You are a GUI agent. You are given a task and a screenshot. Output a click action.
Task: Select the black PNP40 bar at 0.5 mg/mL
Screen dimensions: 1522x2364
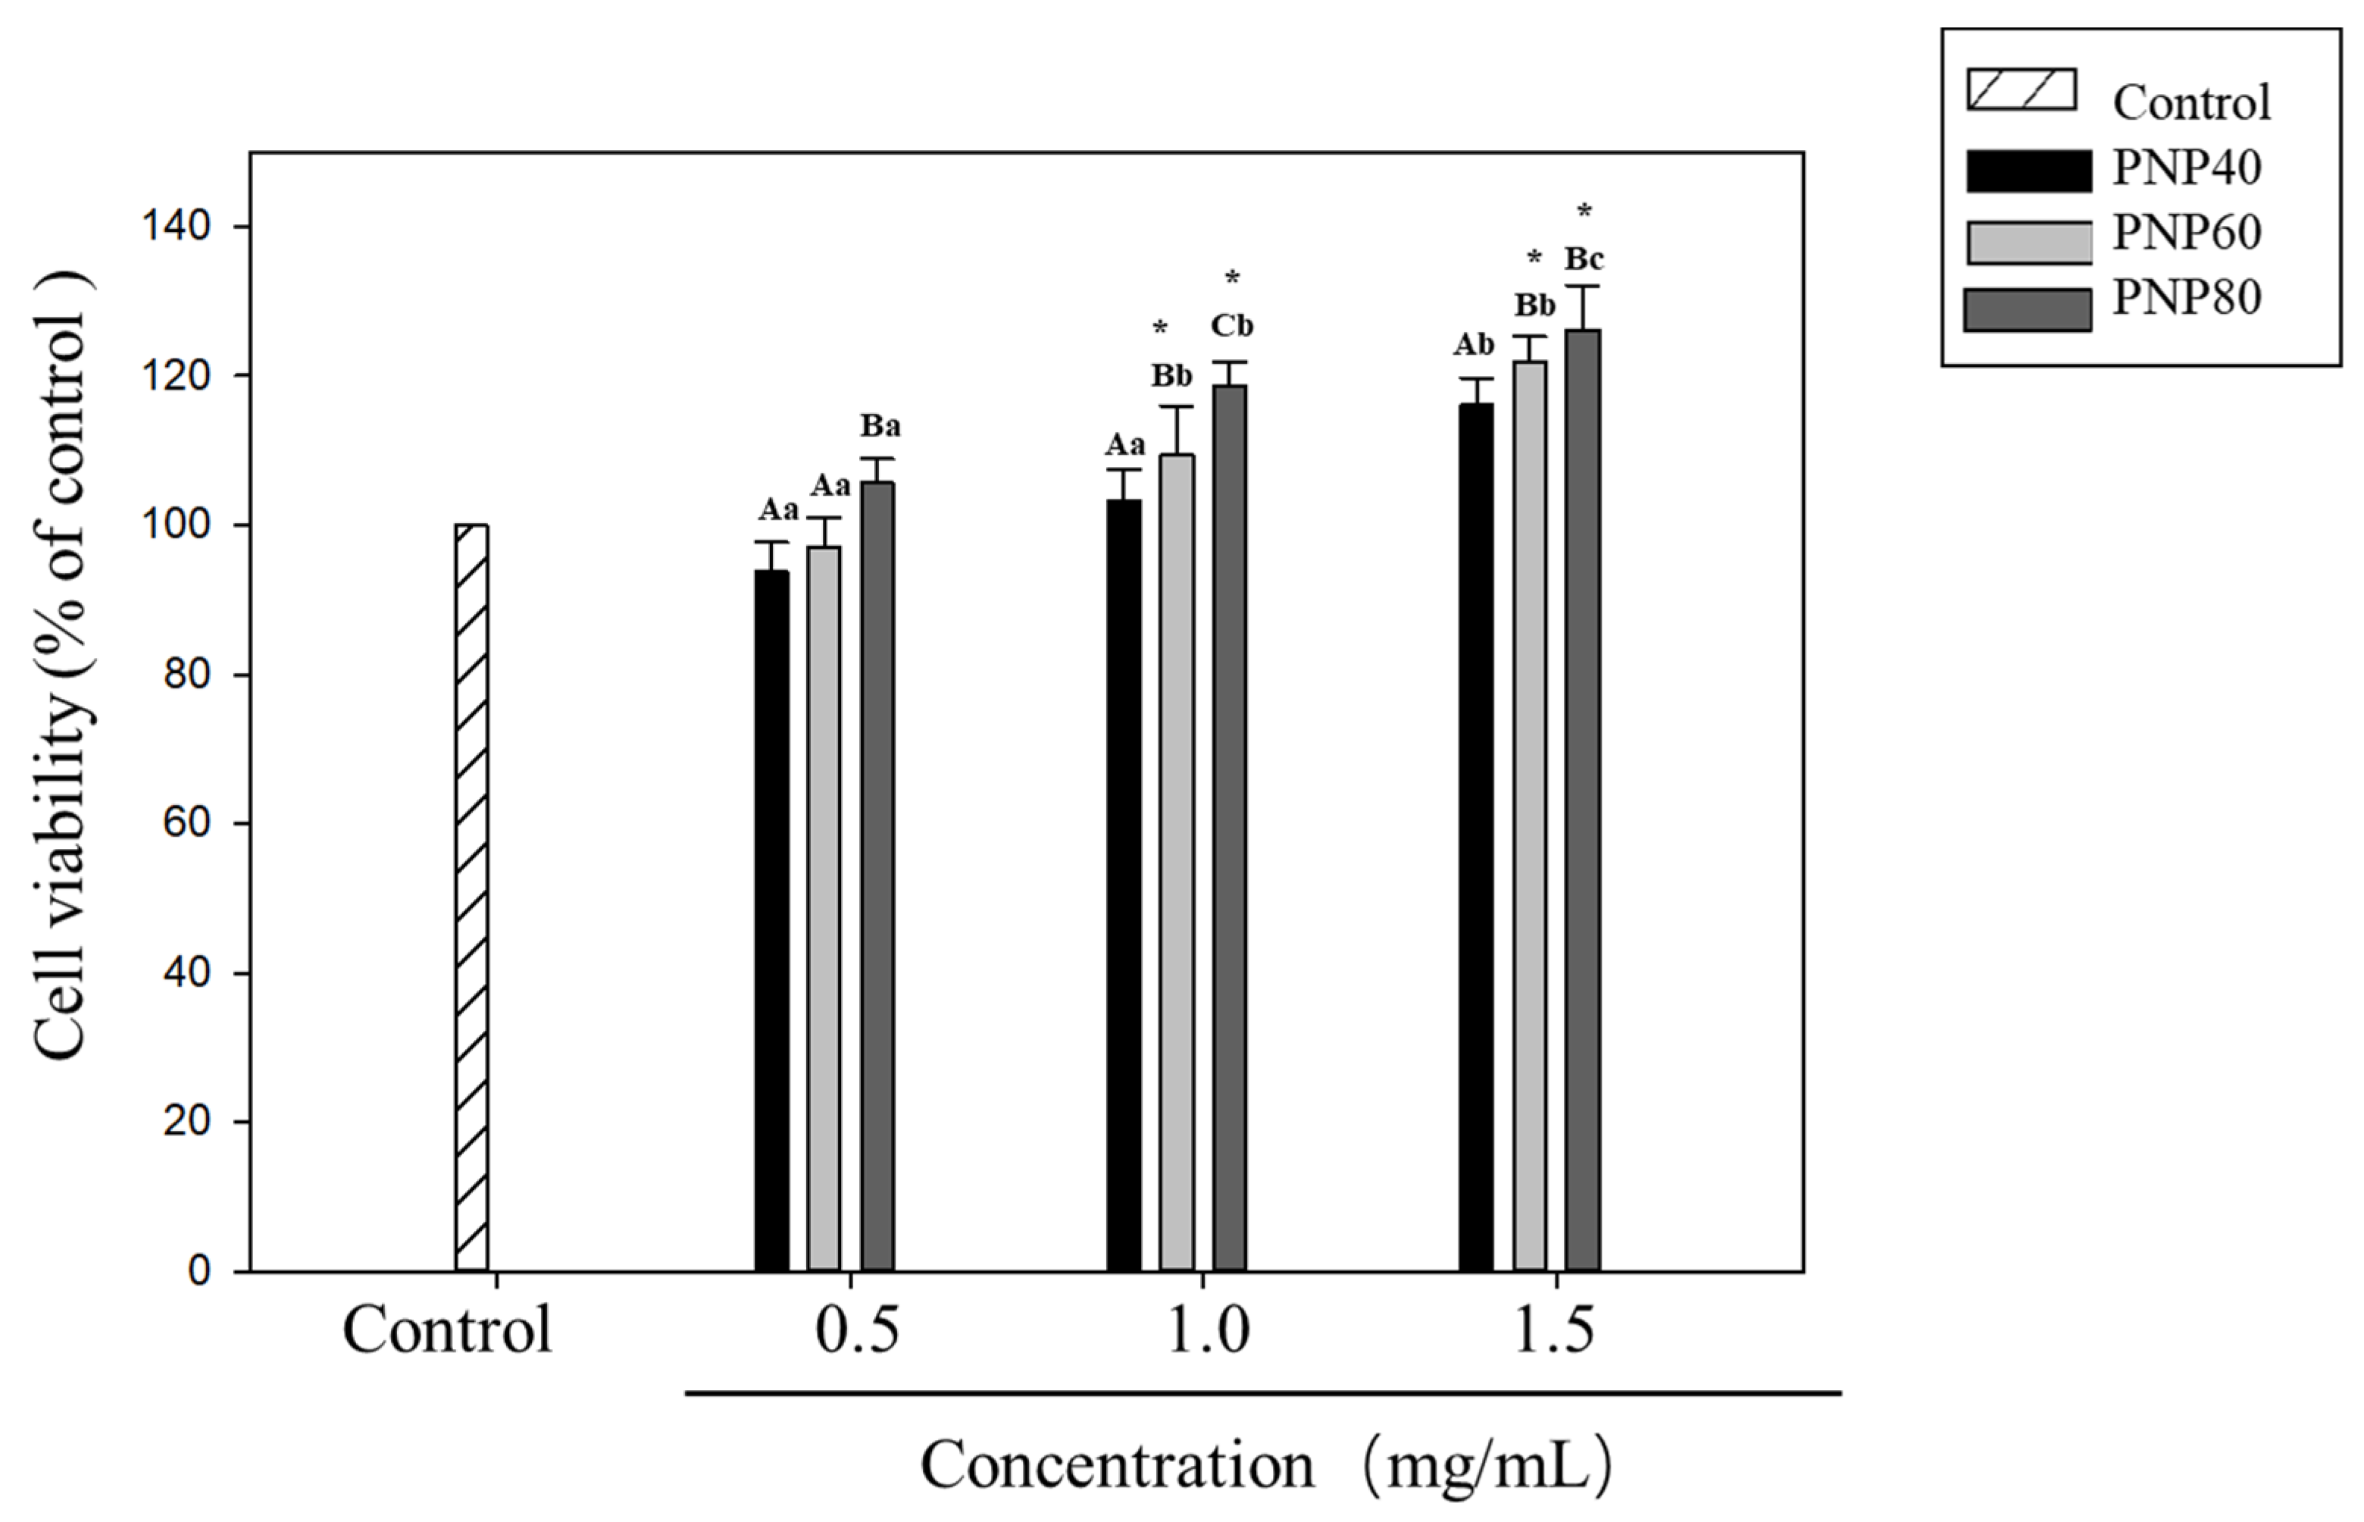point(771,920)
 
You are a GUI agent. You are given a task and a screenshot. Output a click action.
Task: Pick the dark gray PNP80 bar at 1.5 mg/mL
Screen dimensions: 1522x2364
point(1583,800)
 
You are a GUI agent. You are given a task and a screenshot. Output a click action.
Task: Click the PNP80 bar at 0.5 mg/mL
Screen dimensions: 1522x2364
point(877,875)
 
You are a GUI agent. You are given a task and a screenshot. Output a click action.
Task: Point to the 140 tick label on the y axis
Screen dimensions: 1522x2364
point(176,227)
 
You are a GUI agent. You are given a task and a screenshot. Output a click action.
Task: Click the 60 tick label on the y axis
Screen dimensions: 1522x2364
point(186,822)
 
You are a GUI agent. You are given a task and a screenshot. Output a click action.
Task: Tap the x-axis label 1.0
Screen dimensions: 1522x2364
point(1207,1330)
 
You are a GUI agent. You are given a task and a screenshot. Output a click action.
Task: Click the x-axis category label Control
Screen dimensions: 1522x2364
point(446,1330)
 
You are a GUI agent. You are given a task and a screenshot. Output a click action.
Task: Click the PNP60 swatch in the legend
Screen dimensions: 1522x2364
point(2028,242)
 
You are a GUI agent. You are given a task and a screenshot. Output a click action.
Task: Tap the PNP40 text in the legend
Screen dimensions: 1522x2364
point(2185,167)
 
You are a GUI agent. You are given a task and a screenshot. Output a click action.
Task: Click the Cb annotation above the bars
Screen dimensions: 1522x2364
point(1232,325)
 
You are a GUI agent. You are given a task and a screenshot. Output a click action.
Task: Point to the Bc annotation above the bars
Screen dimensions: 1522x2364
point(1584,259)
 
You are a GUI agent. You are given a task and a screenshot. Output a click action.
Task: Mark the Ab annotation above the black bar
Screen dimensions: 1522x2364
point(1473,345)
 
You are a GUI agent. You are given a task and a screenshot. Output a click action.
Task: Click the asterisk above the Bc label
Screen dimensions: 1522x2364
point(1584,211)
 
